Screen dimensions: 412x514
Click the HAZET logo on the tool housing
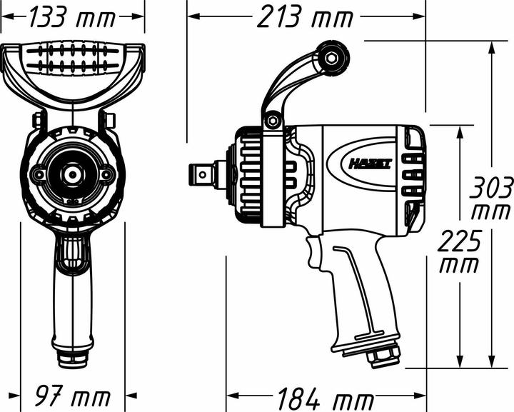click(x=370, y=163)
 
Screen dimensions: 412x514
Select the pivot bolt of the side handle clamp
click(x=272, y=119)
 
